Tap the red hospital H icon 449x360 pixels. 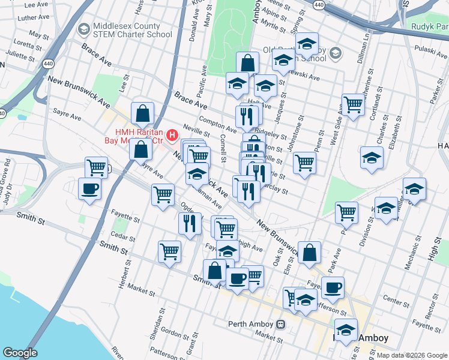coord(173,136)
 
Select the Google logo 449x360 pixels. coord(20,353)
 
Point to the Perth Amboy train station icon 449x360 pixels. coord(280,324)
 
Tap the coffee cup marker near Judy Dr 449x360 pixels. coord(90,188)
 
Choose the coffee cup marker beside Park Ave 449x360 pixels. coord(333,287)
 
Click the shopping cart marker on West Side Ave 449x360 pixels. coord(354,105)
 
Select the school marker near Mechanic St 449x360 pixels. coord(414,189)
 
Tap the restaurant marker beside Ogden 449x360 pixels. coord(190,223)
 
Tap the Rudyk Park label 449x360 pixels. coord(430,26)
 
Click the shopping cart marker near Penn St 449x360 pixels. coord(305,163)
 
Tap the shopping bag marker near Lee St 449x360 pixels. coord(143,113)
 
